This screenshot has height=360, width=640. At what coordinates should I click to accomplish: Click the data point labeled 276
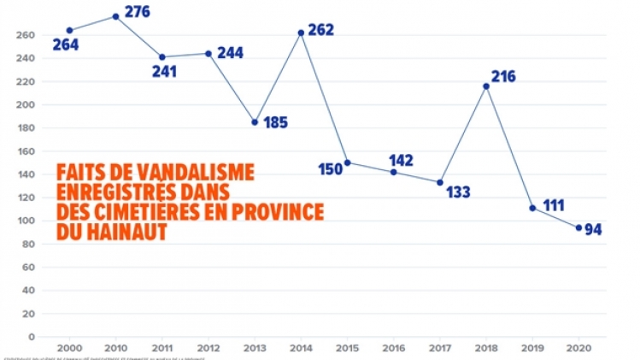tap(115, 16)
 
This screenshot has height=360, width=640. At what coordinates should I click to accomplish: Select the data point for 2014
tap(301, 32)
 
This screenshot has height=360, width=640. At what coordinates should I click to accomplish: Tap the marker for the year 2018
tap(486, 86)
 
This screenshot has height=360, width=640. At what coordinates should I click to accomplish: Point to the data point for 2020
tap(578, 227)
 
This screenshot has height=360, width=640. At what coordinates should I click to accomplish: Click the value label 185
tap(275, 122)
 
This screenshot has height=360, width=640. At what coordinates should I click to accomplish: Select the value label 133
tap(459, 192)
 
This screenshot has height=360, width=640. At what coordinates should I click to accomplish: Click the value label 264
tap(65, 45)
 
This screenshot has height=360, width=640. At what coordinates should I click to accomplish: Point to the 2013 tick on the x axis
tap(255, 349)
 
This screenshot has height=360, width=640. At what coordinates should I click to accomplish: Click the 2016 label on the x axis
tap(393, 349)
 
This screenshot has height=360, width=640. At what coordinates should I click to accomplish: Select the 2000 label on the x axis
tap(69, 349)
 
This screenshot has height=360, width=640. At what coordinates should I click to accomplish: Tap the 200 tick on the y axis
tap(24, 105)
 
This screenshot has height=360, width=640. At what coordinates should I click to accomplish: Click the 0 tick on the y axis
tap(30, 336)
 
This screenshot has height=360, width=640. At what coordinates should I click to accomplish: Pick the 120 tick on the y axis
tap(24, 198)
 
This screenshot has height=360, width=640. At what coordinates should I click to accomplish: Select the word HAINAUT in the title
tap(126, 231)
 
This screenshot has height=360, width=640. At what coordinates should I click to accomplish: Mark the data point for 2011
tap(161, 56)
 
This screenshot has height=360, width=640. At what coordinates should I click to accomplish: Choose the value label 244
tap(230, 53)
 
